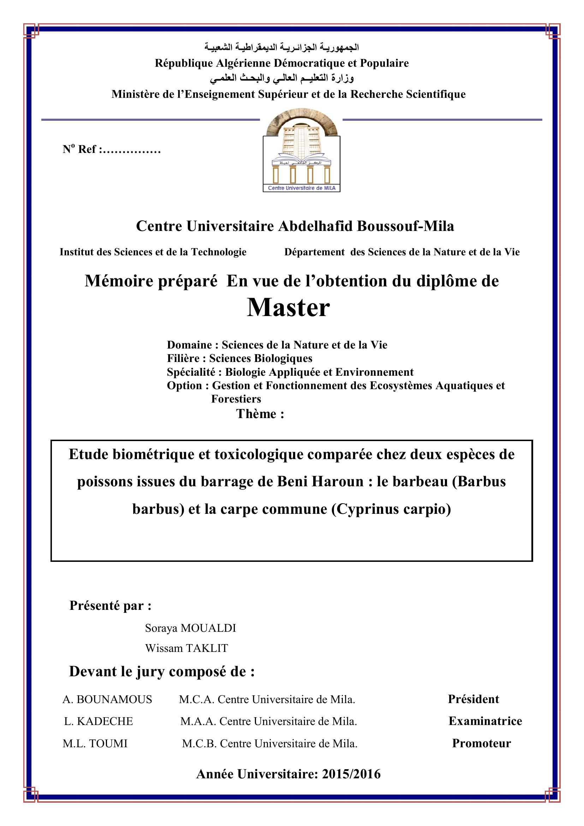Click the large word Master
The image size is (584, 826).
(288, 308)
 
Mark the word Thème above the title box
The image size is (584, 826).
(256, 414)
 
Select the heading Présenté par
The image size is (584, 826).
(110, 606)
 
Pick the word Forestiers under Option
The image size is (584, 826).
(236, 399)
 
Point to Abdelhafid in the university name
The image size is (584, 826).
(316, 226)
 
